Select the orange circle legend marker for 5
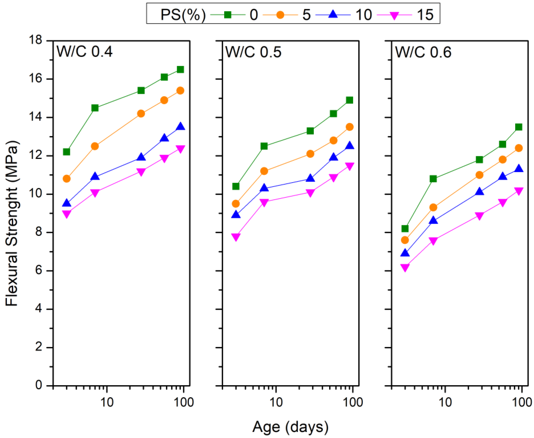point(280,15)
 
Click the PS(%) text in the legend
point(183,15)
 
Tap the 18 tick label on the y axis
point(35,40)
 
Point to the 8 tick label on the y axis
point(39,232)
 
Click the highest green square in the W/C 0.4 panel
point(180,69)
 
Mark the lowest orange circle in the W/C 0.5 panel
point(236,204)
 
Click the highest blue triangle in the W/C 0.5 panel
point(350,145)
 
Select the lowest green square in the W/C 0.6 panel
point(405,228)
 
